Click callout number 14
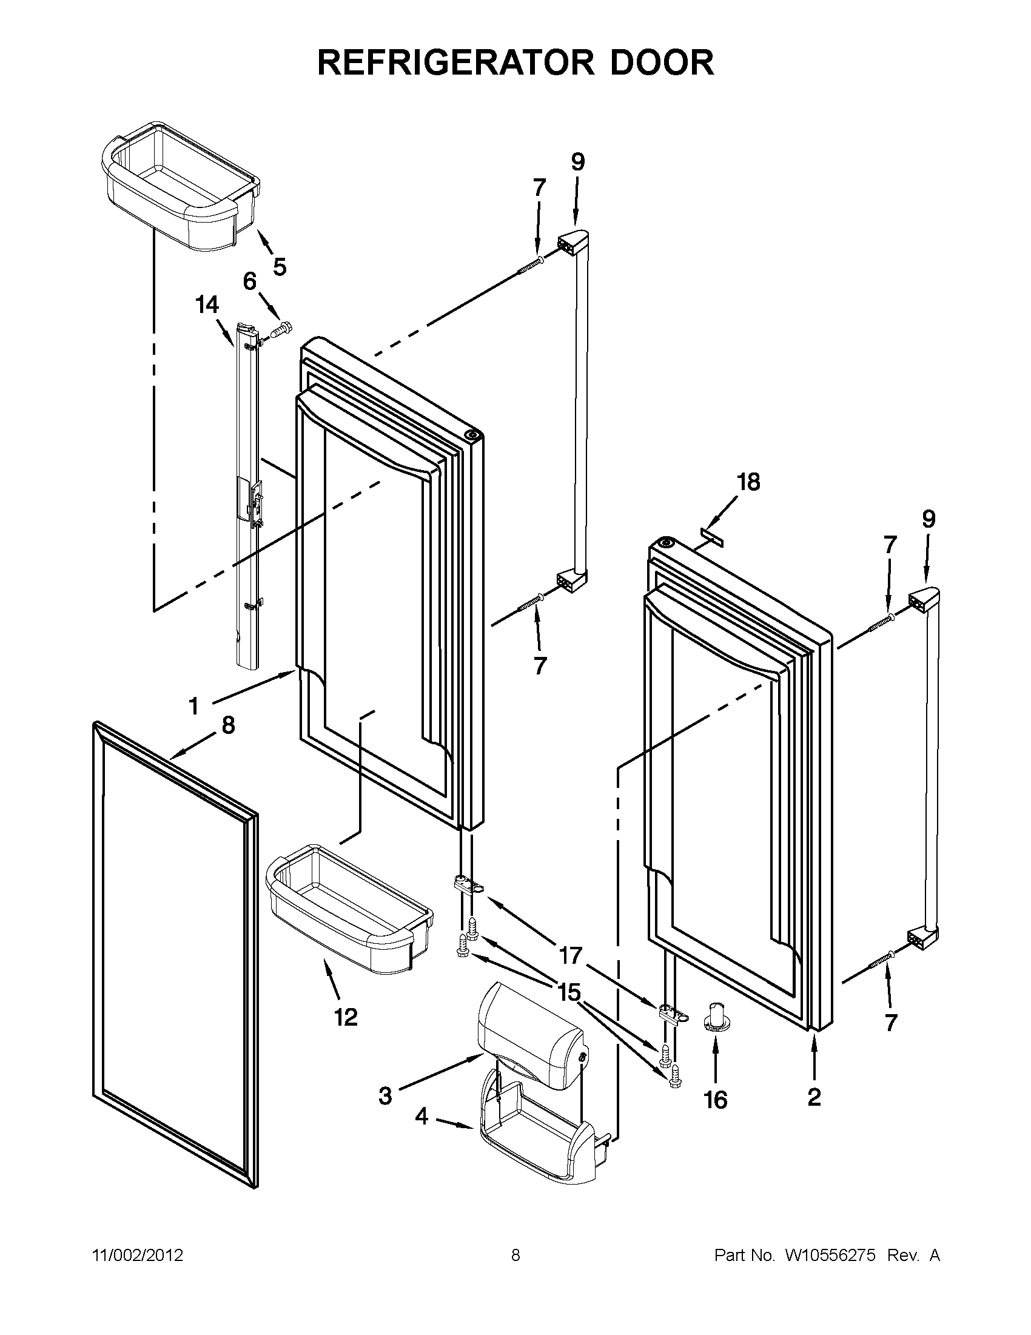tap(207, 304)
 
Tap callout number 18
tap(748, 482)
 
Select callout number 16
tap(715, 1100)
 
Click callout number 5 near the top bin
tap(280, 267)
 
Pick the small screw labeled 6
tap(282, 330)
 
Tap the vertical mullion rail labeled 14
tap(244, 501)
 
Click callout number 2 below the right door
tap(814, 1098)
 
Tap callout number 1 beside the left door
tap(193, 707)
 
